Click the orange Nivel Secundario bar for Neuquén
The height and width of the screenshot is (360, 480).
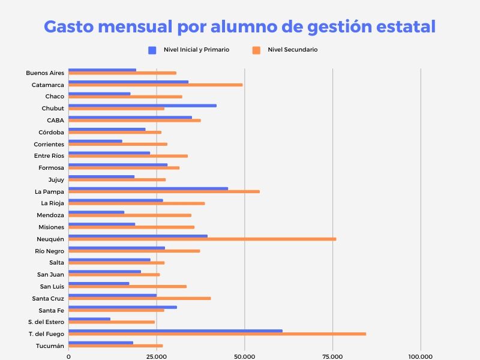(x=202, y=239)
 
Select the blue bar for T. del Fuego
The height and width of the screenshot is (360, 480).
(x=175, y=331)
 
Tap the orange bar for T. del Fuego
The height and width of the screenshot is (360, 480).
(x=217, y=334)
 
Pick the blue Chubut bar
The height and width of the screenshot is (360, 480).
(x=142, y=106)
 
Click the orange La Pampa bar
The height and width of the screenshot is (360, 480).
(x=164, y=191)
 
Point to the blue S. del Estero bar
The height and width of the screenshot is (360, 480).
(x=89, y=319)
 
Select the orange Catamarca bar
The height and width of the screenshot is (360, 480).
(x=155, y=85)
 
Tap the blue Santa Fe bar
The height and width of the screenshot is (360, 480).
(x=122, y=307)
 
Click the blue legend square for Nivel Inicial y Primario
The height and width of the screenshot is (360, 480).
(x=152, y=50)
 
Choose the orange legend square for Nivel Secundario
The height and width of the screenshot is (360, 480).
(x=256, y=50)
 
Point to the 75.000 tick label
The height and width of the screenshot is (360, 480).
(x=332, y=356)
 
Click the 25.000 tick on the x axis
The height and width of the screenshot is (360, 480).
(x=156, y=356)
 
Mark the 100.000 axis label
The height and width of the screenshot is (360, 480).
(x=420, y=356)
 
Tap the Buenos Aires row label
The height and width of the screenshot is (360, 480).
(x=45, y=73)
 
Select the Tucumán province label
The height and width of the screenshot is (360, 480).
(x=50, y=346)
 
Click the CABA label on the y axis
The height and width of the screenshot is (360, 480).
(x=55, y=120)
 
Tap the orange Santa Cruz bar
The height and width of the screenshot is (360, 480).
(x=139, y=298)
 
